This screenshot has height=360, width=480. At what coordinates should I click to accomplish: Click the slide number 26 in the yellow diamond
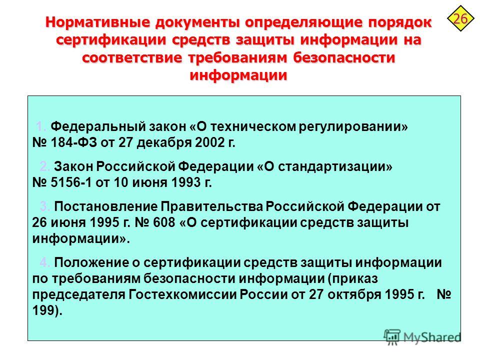click(x=460, y=18)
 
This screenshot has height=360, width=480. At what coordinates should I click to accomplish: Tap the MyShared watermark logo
click(x=422, y=337)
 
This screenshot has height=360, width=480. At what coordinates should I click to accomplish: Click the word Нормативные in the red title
click(x=98, y=22)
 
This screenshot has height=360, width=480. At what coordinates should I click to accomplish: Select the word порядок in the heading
click(x=400, y=23)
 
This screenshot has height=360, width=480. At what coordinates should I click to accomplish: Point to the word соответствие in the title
click(x=132, y=57)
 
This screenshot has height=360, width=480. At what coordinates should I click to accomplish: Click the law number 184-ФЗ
click(x=73, y=142)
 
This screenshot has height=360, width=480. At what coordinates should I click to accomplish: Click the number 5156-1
click(x=71, y=182)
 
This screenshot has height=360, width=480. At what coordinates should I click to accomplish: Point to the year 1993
click(x=186, y=182)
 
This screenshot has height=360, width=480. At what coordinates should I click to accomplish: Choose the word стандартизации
click(x=335, y=166)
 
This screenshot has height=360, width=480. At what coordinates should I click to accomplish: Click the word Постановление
click(x=105, y=206)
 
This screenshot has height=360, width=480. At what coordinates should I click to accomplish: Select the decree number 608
click(x=164, y=222)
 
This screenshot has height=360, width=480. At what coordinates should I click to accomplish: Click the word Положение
click(x=91, y=262)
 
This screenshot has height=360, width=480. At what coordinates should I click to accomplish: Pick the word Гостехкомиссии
click(x=182, y=294)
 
